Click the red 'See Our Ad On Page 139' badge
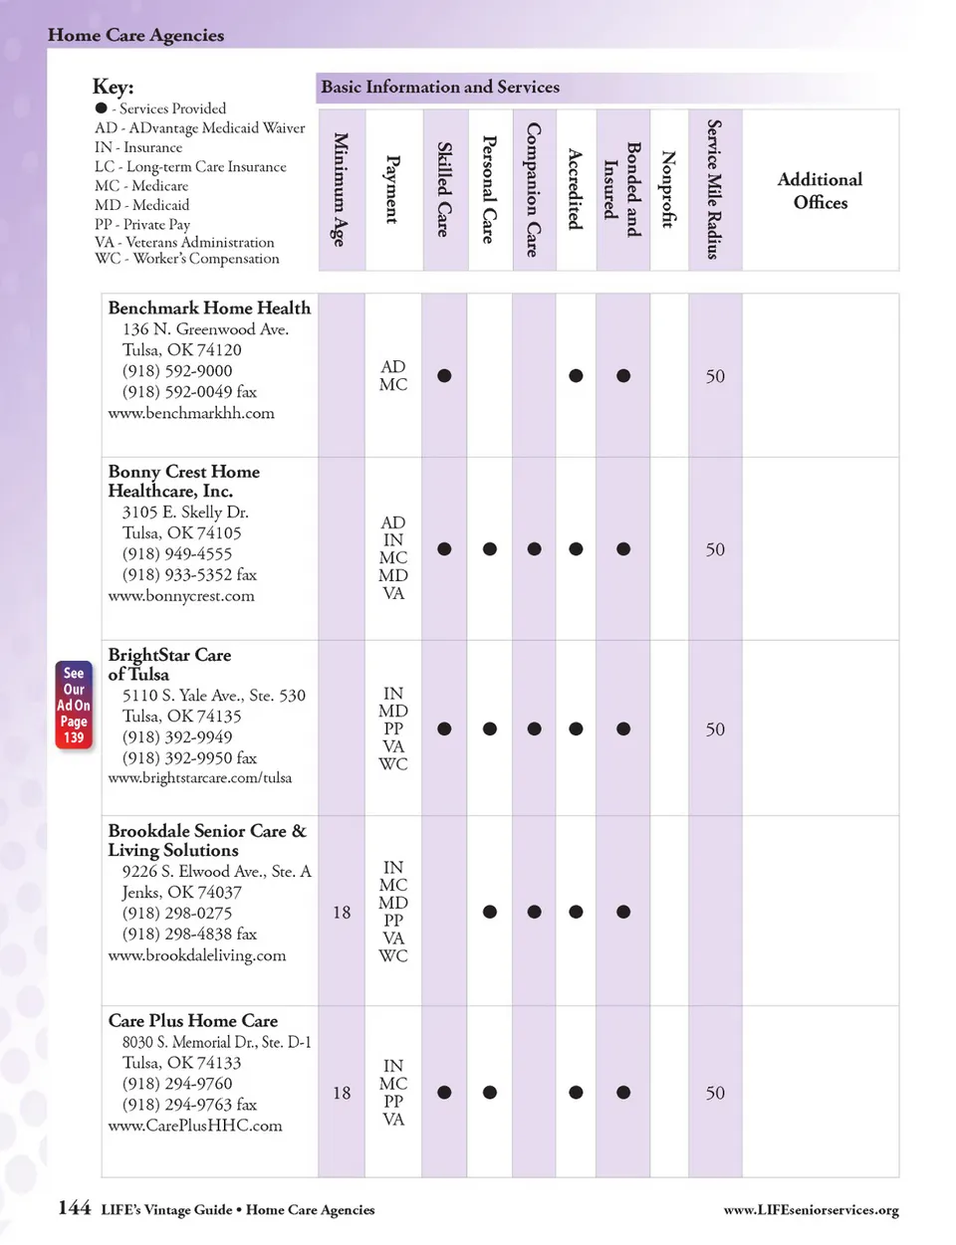tap(74, 705)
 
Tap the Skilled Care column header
tap(444, 189)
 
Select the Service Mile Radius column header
tap(714, 189)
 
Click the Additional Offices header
tap(820, 190)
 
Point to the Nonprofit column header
tap(668, 189)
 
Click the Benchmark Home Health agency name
tap(209, 309)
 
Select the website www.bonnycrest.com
tap(181, 596)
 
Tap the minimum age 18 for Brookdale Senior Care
tap(342, 913)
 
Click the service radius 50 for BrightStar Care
tap(715, 729)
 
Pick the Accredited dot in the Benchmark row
tap(576, 376)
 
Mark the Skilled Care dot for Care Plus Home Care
tap(444, 1093)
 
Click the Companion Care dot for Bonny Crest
tap(535, 549)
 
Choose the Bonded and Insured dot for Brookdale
tap(623, 912)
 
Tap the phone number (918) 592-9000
tap(177, 371)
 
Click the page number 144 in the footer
tap(75, 1208)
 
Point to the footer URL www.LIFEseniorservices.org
tap(811, 1210)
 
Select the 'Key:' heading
tap(113, 87)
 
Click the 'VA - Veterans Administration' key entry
tap(184, 242)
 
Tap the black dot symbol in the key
tap(101, 107)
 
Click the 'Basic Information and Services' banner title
tap(440, 88)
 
